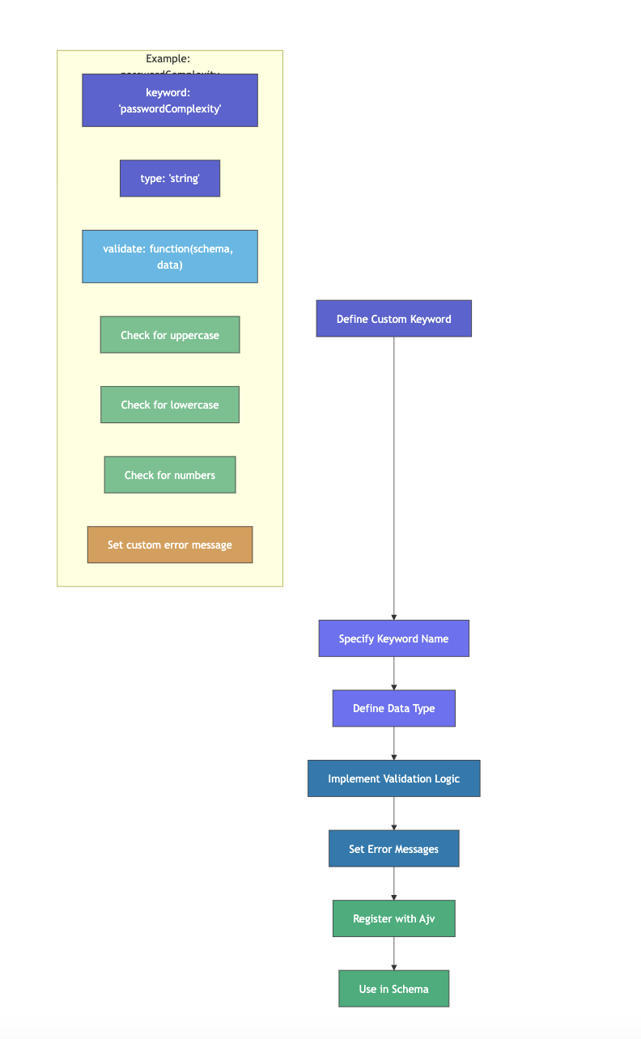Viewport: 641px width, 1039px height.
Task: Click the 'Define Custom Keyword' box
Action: click(393, 319)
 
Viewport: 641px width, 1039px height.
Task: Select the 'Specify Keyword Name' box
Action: click(393, 638)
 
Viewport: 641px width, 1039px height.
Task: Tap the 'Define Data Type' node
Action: click(393, 708)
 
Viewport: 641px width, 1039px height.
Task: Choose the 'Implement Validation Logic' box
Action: click(393, 778)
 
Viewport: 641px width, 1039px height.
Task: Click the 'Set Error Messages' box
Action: click(393, 849)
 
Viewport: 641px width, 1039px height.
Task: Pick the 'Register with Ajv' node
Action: click(393, 918)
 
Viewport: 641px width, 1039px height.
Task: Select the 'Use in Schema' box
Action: click(393, 989)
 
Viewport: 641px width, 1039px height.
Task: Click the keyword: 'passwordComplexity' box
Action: click(170, 100)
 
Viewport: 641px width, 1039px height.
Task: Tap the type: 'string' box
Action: click(170, 178)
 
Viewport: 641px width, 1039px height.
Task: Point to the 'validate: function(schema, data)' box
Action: click(170, 257)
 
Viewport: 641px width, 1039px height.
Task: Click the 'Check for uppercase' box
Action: click(170, 335)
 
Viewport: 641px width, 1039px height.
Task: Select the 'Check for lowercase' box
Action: click(170, 405)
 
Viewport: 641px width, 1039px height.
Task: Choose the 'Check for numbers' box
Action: click(170, 475)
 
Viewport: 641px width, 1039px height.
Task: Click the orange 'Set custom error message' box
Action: click(170, 545)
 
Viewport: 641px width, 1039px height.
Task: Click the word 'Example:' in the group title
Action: click(168, 59)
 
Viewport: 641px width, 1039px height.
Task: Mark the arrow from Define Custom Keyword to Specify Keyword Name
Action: click(394, 477)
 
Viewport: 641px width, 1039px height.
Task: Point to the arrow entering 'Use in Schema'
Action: click(394, 955)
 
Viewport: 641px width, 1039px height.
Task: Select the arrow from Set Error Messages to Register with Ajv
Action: click(394, 884)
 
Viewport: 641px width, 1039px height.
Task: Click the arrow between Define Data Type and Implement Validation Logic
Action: click(394, 744)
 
